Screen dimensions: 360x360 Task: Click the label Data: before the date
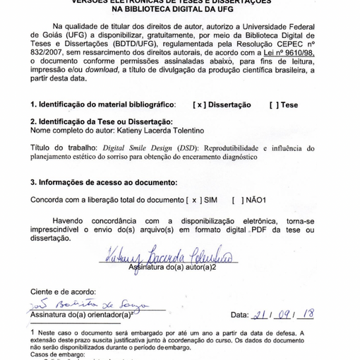coord(239,315)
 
